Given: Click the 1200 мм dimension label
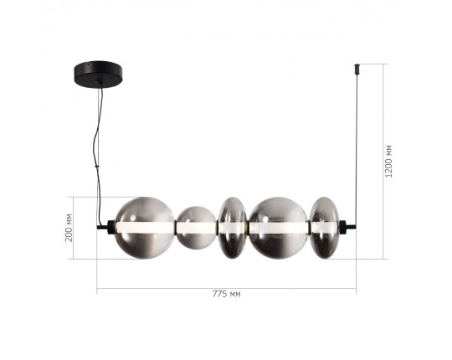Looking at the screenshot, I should point(389,162).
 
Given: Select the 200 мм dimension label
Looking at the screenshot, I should point(69,227).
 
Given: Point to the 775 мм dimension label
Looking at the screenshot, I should point(226,295).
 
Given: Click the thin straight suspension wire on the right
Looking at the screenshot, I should point(356,142).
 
